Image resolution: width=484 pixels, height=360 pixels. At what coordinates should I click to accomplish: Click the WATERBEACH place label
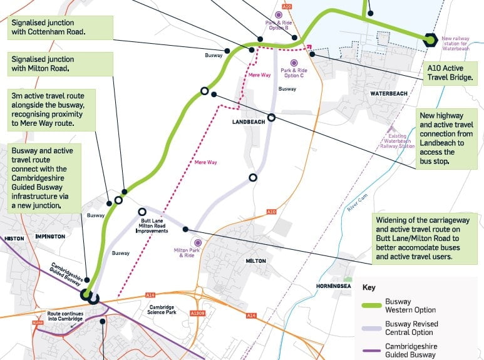click(388, 93)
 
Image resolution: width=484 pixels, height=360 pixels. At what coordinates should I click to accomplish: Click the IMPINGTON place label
click(49, 237)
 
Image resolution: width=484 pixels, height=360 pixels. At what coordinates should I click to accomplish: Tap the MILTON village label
click(256, 260)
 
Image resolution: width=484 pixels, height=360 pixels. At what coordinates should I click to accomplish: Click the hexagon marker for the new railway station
click(430, 39)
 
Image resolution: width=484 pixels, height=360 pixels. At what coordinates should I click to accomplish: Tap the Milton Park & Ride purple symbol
click(198, 242)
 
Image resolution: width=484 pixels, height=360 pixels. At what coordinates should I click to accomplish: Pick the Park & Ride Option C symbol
click(292, 62)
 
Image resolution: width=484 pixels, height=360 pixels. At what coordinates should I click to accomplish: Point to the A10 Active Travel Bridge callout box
click(450, 73)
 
